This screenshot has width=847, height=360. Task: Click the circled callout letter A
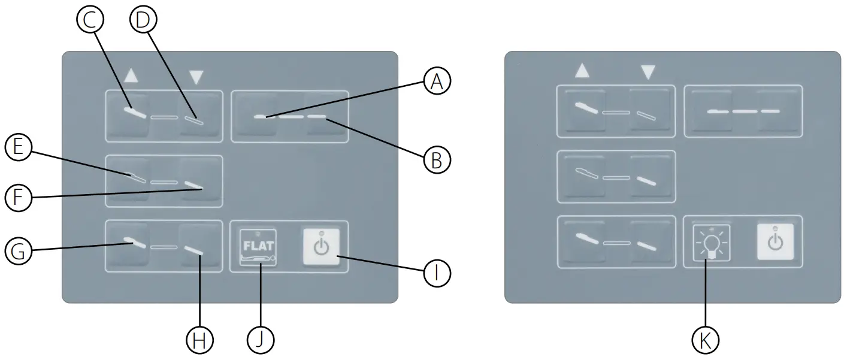point(437,81)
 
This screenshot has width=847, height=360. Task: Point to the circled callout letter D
point(143,20)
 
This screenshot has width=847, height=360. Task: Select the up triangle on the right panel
point(582,71)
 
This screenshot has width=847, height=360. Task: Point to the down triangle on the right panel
point(647,72)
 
